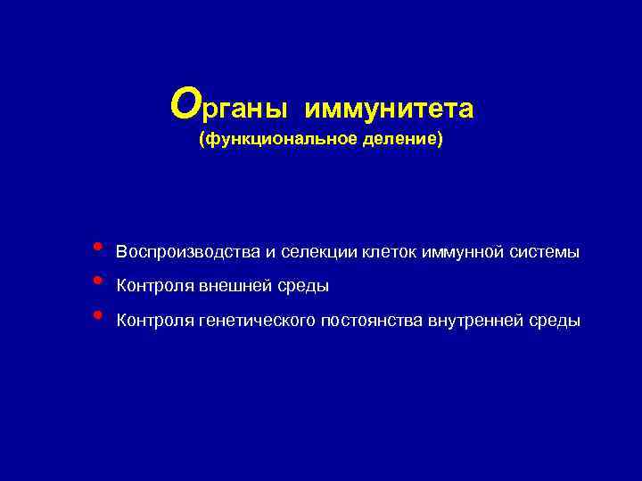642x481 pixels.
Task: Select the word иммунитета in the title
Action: (x=389, y=109)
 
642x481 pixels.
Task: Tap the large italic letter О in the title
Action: (x=185, y=104)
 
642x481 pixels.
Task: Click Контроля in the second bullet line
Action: (x=155, y=287)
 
